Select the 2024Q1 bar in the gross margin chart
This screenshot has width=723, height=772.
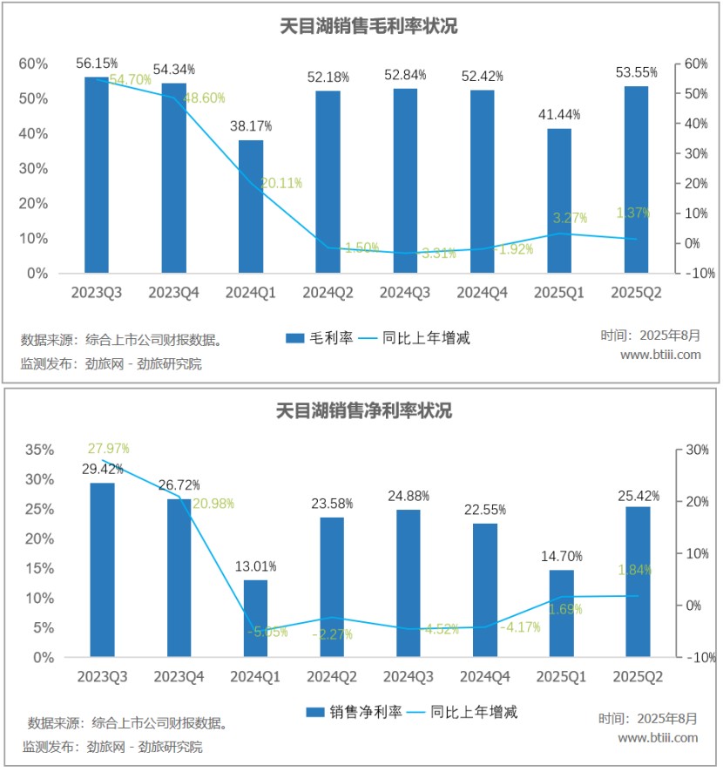pos(251,207)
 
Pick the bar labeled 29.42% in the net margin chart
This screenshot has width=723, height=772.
pos(102,570)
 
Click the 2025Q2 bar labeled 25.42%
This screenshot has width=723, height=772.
pos(638,581)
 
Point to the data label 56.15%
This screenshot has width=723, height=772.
pos(97,64)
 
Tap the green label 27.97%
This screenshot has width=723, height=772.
pos(108,449)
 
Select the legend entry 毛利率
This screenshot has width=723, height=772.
pos(319,338)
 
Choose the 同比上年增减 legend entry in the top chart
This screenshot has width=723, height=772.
pos(416,338)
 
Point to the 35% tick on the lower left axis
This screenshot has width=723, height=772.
pos(39,450)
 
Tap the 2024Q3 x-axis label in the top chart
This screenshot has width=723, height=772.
pos(406,294)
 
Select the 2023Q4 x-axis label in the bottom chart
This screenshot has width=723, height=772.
pos(179,677)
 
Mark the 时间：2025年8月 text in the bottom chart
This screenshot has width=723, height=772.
pos(648,719)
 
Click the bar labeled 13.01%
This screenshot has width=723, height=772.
pos(255,619)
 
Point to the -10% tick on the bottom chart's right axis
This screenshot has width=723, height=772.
pos(699,657)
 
